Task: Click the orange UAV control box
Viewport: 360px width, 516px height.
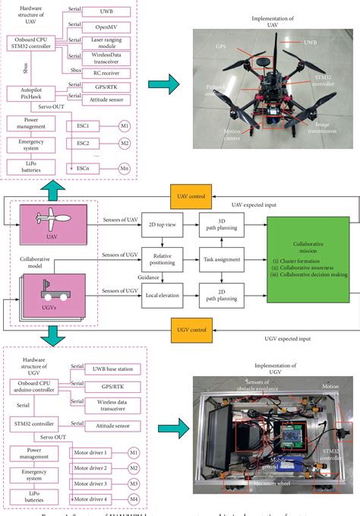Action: click(188, 197)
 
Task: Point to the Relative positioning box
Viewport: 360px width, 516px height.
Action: click(163, 261)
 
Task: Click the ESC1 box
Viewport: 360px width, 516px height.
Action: click(83, 126)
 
